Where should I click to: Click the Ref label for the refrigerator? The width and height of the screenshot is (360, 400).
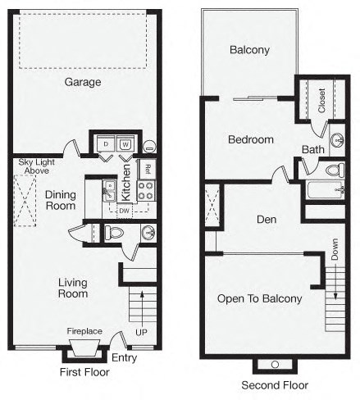(147, 170)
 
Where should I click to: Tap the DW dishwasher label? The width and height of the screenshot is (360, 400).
(124, 210)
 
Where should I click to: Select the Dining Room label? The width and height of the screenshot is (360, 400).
(61, 200)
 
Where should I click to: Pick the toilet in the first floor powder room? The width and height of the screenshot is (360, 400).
(114, 233)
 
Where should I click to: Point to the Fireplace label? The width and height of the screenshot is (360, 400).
(84, 331)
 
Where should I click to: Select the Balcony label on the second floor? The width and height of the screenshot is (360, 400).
(249, 50)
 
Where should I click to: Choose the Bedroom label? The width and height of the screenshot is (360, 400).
(250, 140)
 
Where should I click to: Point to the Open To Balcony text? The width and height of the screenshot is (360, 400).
(259, 298)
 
